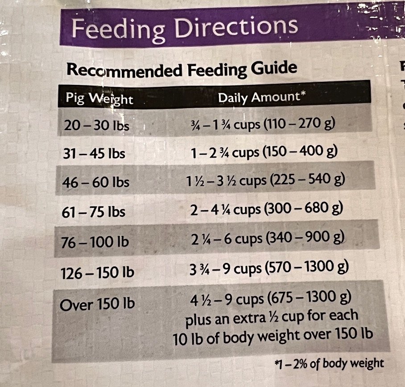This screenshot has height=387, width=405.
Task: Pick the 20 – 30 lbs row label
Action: tap(96, 126)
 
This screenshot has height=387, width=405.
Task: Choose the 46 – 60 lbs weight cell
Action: tap(96, 182)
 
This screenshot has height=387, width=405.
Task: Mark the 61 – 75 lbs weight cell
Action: tap(94, 212)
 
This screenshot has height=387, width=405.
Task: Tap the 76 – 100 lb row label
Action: tap(95, 242)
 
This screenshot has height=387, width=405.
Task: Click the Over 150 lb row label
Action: tap(97, 305)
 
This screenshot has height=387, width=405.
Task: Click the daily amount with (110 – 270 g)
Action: tap(262, 123)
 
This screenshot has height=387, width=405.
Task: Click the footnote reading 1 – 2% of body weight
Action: tap(330, 363)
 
